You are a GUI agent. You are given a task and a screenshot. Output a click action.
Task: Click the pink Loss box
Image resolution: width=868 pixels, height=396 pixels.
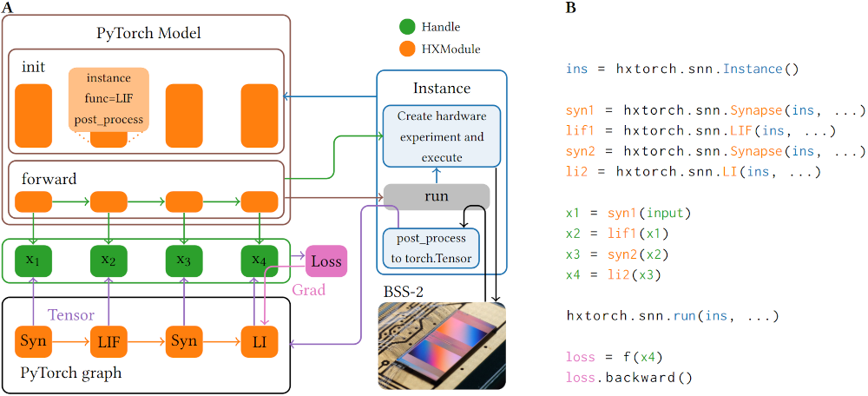pos(326,261)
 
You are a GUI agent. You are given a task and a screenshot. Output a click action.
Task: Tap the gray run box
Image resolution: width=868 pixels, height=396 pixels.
pos(437,196)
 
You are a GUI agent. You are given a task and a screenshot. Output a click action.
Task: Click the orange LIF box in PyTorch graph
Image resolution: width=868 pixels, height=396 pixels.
pos(108,341)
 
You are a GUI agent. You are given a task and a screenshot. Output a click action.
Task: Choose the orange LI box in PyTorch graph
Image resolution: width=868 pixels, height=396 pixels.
pos(260,341)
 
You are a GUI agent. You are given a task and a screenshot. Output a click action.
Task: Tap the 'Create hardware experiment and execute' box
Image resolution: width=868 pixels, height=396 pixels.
pos(442,136)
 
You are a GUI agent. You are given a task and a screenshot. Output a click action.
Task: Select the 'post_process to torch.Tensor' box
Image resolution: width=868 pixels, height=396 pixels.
pos(431,248)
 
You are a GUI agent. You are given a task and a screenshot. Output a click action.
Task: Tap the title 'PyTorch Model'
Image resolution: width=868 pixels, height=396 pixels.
pos(148,33)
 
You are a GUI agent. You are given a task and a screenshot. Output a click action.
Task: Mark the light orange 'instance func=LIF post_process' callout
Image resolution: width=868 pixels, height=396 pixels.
pos(108,99)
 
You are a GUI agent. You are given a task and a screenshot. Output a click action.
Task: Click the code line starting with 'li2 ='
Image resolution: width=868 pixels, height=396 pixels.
pos(692,173)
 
